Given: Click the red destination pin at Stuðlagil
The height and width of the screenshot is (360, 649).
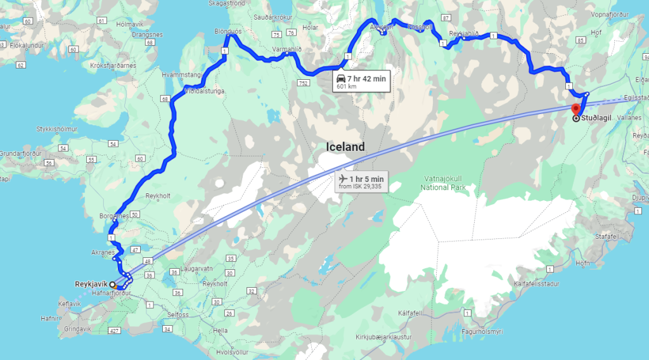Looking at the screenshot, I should [x=575, y=108].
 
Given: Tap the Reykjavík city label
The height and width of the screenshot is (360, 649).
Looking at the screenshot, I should [x=89, y=284].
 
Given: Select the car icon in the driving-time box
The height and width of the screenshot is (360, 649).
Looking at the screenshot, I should [x=341, y=78].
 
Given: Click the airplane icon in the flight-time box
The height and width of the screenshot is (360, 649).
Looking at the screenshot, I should [x=344, y=179].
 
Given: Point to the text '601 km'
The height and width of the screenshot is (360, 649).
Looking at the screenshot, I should [x=346, y=86].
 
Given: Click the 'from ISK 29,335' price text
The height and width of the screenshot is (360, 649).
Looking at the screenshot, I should [x=361, y=187].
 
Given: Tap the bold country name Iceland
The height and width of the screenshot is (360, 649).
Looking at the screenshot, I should [x=345, y=147].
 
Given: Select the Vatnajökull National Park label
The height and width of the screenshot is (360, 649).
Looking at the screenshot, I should [x=443, y=183].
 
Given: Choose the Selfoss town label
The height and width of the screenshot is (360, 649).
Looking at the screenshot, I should [x=177, y=314].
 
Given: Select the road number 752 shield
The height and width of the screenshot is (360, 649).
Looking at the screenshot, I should [x=304, y=83].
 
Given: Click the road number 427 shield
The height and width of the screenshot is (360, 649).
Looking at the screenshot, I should [x=114, y=330].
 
